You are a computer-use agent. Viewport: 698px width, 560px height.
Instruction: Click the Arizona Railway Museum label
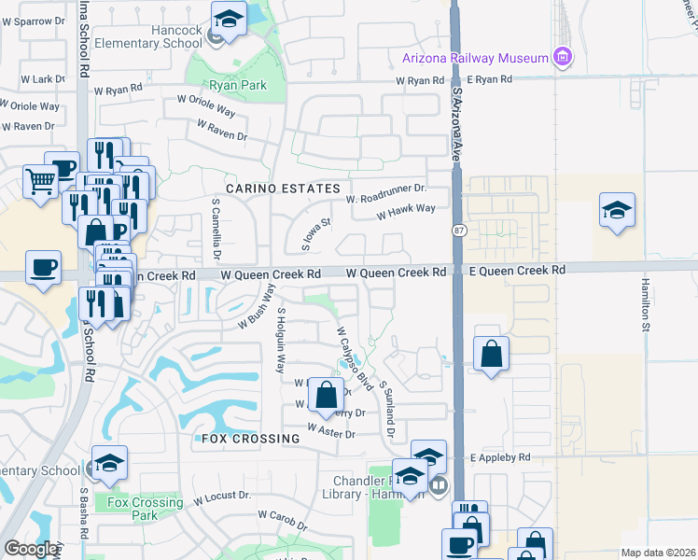474,58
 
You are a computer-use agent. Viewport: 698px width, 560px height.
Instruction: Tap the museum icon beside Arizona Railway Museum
561,58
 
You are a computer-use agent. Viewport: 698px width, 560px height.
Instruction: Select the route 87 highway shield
459,230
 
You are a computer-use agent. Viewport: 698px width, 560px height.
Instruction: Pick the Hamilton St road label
644,303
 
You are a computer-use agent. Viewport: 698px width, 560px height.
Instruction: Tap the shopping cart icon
40,182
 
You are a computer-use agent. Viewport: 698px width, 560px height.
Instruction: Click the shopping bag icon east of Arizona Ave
491,354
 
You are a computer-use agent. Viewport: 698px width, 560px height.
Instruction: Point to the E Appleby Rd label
500,457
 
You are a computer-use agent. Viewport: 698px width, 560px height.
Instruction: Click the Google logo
32,550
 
